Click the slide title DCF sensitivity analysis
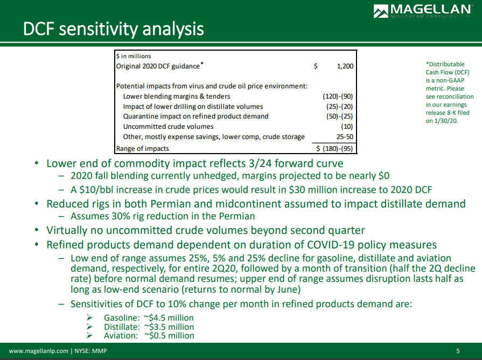113,29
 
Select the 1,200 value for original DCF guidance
345,66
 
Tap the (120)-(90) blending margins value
338,96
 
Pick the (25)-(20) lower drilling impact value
340,107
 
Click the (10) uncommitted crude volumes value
347,127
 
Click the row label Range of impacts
143,148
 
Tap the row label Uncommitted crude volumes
168,127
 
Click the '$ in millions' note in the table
134,56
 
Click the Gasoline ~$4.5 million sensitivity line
149,318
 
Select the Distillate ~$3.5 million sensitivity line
149,327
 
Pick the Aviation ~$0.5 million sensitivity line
149,335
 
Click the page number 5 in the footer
458,351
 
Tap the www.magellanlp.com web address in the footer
38,351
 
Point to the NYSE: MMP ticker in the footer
92,351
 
